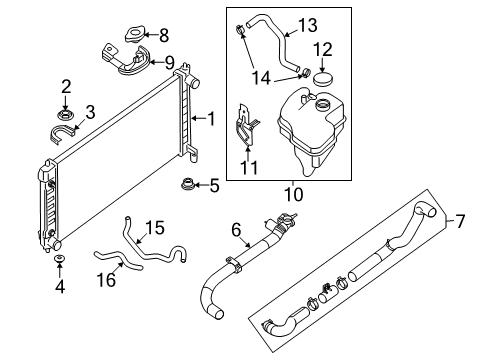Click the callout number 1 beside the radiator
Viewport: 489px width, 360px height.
pyautogui.click(x=210, y=119)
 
